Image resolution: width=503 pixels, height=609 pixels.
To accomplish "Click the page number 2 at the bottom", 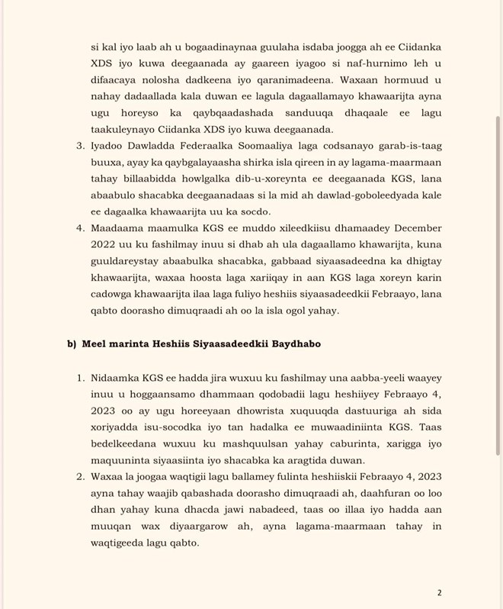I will tap(439, 593).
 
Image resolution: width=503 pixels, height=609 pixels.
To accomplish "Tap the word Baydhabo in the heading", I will tap(293, 343).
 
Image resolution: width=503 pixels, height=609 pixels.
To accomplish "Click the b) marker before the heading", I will tap(72, 343).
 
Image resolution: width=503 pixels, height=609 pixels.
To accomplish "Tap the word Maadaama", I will tap(116, 227).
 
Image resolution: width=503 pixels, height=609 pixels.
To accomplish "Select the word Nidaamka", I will tap(116, 378).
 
